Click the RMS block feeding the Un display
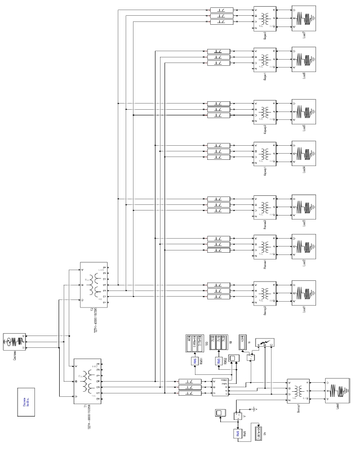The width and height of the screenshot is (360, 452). pos(238,433)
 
